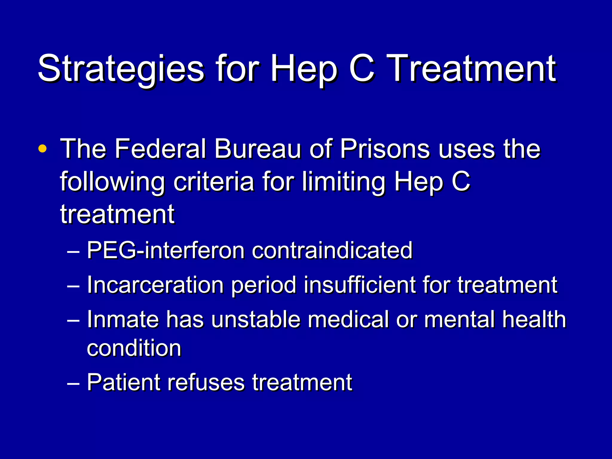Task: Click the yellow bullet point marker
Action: click(42, 149)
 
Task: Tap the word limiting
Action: click(343, 182)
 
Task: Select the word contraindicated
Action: click(332, 250)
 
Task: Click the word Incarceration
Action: click(155, 285)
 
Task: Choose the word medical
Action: click(348, 319)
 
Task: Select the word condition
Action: click(134, 348)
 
